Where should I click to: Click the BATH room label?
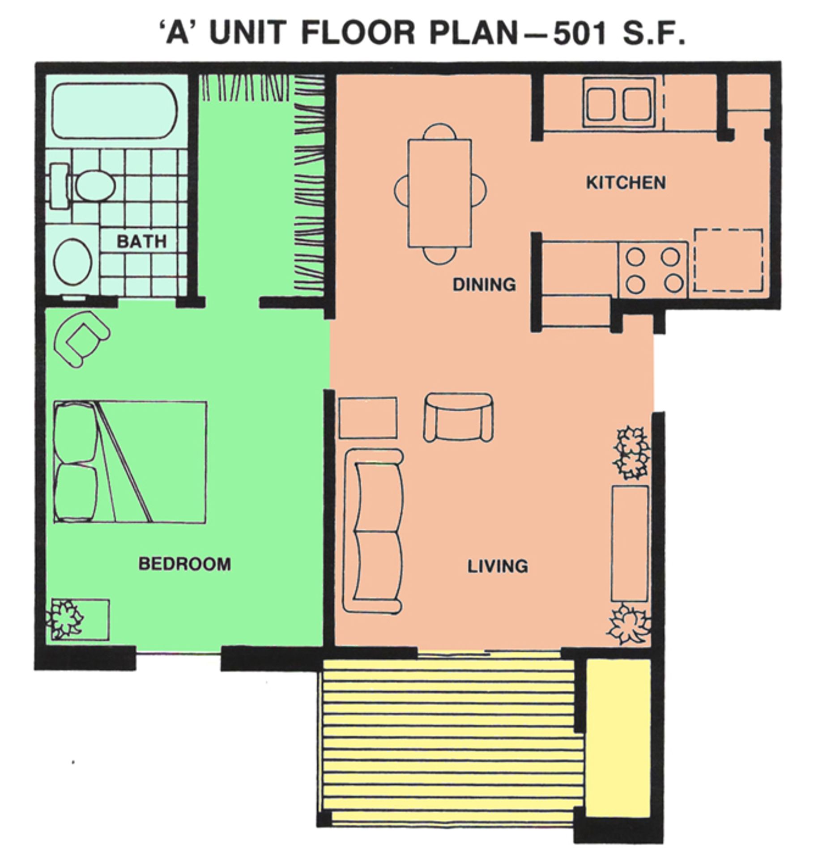(x=141, y=242)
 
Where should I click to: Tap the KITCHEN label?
(x=626, y=183)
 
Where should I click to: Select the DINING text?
(x=484, y=285)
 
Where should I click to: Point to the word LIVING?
(x=498, y=566)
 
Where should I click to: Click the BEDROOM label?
(x=185, y=564)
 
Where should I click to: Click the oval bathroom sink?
(x=73, y=262)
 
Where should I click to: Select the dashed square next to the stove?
(x=728, y=260)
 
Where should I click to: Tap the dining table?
(x=440, y=193)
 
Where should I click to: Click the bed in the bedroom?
(x=130, y=462)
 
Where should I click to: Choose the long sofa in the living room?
(x=373, y=531)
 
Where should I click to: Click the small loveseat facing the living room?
(x=458, y=417)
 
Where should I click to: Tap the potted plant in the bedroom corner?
(x=66, y=619)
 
